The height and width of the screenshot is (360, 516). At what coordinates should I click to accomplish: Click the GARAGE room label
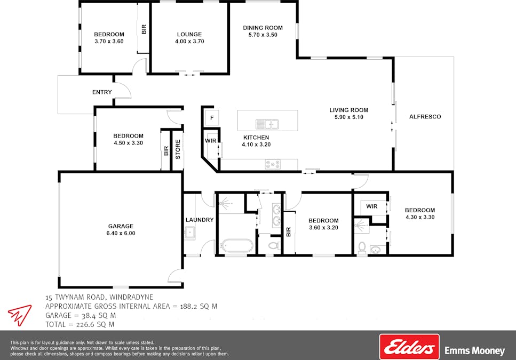pyautogui.click(x=121, y=226)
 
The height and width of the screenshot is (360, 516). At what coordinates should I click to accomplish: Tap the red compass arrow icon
pyautogui.click(x=20, y=315)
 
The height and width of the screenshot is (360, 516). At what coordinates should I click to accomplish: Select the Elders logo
pyautogui.click(x=409, y=347)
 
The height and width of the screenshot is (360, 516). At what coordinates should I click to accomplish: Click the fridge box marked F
pyautogui.click(x=212, y=118)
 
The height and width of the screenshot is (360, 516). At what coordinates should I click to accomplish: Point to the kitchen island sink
pyautogui.click(x=267, y=124)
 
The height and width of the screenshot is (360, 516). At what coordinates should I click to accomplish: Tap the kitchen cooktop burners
pyautogui.click(x=273, y=164)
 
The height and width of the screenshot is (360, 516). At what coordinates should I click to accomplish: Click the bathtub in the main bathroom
pyautogui.click(x=237, y=245)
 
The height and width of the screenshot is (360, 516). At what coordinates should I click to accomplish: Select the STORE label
pyautogui.click(x=178, y=149)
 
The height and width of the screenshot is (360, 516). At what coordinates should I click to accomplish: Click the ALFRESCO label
pyautogui.click(x=425, y=117)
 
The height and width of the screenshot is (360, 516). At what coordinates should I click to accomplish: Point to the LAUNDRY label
pyautogui.click(x=200, y=220)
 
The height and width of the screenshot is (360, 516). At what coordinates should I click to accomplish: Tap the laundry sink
pyautogui.click(x=189, y=233)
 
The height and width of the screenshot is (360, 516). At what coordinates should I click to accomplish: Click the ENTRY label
pyautogui.click(x=102, y=92)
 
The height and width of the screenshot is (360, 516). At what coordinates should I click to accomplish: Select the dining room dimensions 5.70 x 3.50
pyautogui.click(x=263, y=35)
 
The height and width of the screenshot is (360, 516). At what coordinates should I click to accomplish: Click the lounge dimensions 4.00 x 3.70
pyautogui.click(x=189, y=42)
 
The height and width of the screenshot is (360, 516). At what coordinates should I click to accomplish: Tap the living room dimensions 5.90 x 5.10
pyautogui.click(x=349, y=117)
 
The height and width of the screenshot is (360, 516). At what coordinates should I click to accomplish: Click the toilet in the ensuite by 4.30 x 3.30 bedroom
pyautogui.click(x=362, y=247)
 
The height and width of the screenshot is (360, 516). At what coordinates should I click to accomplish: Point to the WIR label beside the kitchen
pyautogui.click(x=211, y=141)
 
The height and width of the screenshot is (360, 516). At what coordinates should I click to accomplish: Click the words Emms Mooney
pyautogui.click(x=474, y=351)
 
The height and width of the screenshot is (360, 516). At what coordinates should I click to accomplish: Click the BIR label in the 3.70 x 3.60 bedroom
pyautogui.click(x=144, y=29)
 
